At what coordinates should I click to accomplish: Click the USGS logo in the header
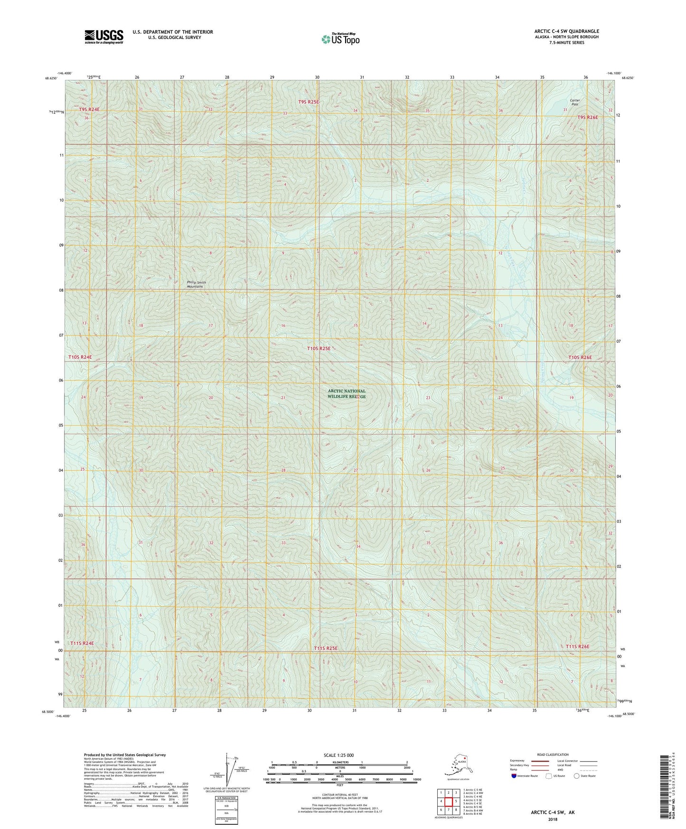pos(103,37)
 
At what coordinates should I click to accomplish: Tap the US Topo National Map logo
pos(340,39)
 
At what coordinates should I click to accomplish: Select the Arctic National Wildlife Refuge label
pos(347,394)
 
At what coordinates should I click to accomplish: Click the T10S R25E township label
pos(319,349)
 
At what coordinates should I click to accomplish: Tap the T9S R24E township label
pos(89,109)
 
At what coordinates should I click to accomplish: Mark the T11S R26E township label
pos(577,647)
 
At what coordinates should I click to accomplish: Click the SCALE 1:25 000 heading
pos(339,755)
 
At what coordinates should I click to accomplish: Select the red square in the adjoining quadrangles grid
pos(448,801)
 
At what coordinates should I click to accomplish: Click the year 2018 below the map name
pos(553,819)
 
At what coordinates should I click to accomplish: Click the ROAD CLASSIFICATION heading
pos(553,754)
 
